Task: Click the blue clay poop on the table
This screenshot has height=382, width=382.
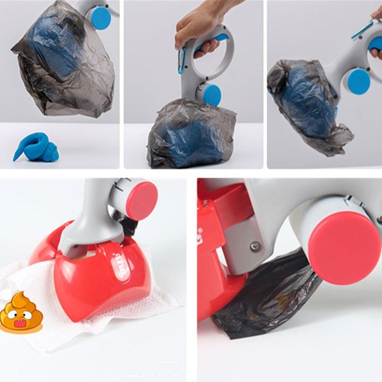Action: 38,148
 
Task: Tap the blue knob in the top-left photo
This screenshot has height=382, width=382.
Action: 100,18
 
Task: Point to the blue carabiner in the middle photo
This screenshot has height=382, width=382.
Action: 181,61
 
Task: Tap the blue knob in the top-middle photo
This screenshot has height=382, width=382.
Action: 212,94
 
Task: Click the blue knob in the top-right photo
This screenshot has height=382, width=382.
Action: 359,81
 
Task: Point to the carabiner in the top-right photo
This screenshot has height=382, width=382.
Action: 362,30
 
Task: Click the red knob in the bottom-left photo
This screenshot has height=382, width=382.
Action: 142,201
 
